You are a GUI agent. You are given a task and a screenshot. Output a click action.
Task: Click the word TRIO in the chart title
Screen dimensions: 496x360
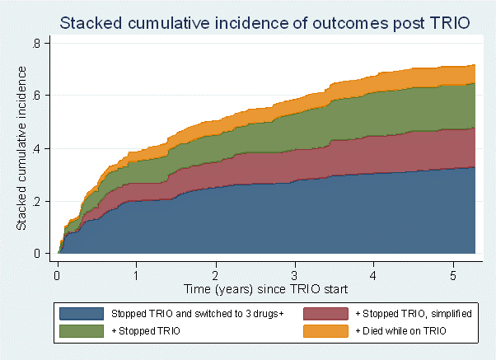(450, 23)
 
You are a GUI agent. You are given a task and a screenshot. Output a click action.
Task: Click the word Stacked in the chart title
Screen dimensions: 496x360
(91, 23)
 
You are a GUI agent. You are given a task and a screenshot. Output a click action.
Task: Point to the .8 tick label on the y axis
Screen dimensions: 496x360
(36, 44)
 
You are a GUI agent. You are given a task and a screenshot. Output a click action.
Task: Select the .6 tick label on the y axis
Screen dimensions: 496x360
(36, 96)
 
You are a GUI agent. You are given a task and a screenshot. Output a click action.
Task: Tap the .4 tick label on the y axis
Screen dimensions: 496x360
(36, 148)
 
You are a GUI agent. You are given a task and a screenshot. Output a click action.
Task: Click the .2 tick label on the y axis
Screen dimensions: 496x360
(36, 201)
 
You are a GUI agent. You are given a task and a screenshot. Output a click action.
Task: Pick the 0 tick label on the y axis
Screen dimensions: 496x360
(37, 254)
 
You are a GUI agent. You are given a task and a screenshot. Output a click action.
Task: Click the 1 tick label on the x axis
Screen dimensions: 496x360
(136, 276)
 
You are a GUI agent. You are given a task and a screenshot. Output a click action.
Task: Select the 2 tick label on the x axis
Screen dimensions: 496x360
(215, 276)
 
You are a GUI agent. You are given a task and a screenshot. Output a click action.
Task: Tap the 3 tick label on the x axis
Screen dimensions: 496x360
(294, 276)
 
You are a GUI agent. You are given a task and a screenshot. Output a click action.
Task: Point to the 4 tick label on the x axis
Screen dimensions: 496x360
(373, 276)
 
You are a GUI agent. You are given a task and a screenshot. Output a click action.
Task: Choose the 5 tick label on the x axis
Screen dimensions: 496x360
(453, 276)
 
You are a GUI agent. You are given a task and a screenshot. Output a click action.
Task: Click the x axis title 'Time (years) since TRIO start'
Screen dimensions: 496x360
(265, 289)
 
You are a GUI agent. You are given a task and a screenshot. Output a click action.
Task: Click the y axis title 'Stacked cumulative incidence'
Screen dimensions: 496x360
(21, 148)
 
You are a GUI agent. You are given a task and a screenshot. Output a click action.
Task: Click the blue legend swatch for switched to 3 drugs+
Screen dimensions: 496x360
(82, 314)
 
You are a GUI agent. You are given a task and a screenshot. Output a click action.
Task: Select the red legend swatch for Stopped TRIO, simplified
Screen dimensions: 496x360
(325, 314)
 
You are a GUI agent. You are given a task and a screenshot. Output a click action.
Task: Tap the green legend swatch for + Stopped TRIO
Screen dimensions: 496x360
(82, 331)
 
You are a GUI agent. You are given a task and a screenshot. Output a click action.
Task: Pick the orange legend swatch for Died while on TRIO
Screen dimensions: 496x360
(325, 331)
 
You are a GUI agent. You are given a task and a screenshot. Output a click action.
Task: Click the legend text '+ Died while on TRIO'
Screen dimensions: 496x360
(400, 331)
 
